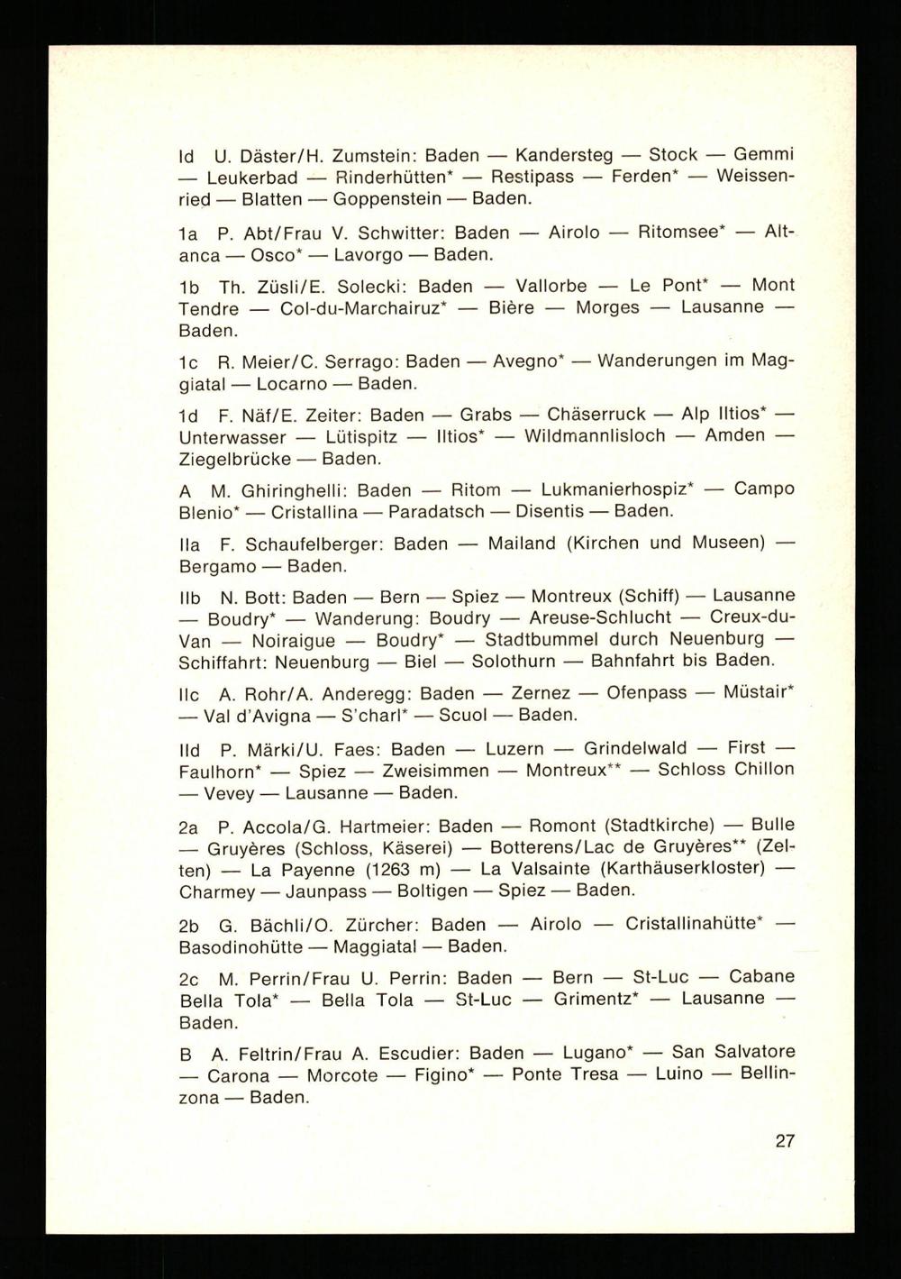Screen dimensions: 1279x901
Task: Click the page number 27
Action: click(x=785, y=1140)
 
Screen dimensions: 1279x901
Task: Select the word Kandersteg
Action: click(x=563, y=155)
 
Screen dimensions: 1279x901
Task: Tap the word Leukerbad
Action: click(x=252, y=178)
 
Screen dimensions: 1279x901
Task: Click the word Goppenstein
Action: click(x=387, y=198)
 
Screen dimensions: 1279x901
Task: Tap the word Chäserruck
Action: click(x=596, y=415)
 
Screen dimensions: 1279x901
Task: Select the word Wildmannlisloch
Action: click(x=595, y=436)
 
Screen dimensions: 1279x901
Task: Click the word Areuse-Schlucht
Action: click(x=600, y=618)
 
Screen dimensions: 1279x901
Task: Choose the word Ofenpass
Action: click(x=646, y=693)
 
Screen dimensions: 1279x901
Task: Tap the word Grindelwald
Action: click(x=635, y=749)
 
